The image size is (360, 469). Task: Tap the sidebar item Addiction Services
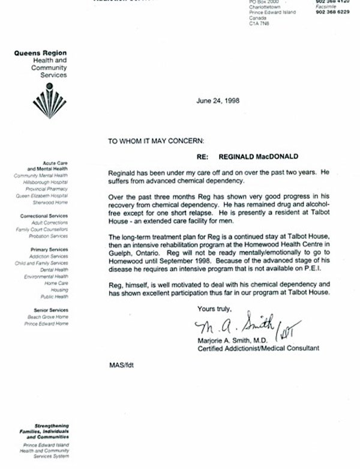(50, 256)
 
